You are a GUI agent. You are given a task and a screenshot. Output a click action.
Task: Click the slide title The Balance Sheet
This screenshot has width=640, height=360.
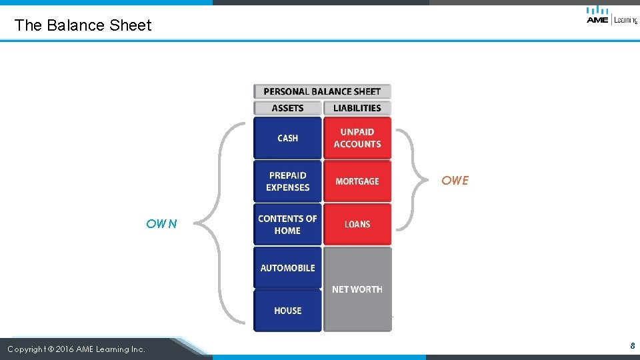tap(83, 25)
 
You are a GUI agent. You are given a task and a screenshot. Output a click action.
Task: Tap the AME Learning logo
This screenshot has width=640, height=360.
tap(611, 15)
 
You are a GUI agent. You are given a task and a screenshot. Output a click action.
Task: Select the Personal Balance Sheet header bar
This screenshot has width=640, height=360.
tap(322, 91)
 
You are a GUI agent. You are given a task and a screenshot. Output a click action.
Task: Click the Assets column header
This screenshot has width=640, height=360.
tap(287, 108)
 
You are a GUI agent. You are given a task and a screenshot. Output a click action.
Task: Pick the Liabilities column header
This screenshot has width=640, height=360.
tap(357, 108)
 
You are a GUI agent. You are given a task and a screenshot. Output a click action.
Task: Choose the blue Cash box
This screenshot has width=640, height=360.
tap(287, 138)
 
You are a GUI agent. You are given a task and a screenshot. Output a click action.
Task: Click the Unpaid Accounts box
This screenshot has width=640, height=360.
tap(357, 138)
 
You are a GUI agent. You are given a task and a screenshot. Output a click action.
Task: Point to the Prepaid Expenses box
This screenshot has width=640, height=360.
tap(287, 181)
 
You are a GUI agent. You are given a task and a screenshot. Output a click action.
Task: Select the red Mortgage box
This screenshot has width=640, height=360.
tap(357, 181)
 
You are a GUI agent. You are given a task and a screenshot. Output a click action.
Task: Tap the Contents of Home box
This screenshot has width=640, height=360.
tap(287, 225)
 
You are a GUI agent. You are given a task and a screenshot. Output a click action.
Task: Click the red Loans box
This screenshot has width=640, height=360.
tap(357, 225)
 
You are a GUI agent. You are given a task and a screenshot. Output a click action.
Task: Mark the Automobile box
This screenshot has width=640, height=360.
tap(287, 268)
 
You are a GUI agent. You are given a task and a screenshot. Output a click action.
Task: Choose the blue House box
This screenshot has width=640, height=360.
tap(287, 311)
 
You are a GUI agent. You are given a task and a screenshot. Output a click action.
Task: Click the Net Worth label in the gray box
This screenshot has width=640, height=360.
tap(357, 289)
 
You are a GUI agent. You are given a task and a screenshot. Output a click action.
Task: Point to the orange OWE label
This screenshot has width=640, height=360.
tap(455, 181)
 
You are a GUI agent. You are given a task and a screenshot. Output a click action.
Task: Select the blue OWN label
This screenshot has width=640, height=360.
tap(162, 224)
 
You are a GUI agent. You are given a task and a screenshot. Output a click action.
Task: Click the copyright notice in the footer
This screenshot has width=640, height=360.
tap(76, 349)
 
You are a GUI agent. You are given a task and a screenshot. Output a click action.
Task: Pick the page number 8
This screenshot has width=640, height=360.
tap(632, 346)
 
